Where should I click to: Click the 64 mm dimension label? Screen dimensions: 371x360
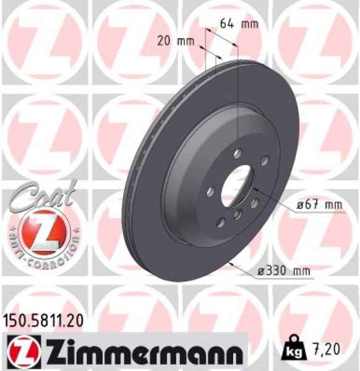coord(239,24)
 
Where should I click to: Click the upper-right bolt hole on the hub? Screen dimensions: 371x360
coord(264,161)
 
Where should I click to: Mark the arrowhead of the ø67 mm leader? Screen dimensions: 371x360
coord(255,186)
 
